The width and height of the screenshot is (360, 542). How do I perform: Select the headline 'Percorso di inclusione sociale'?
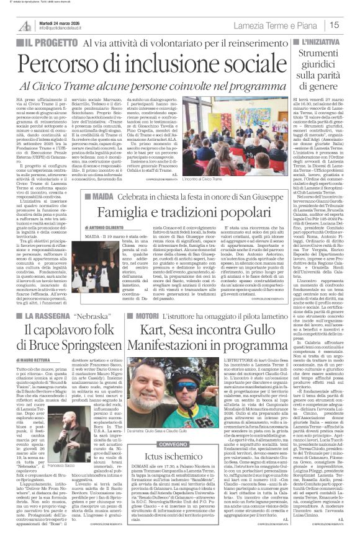pos(140,64)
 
